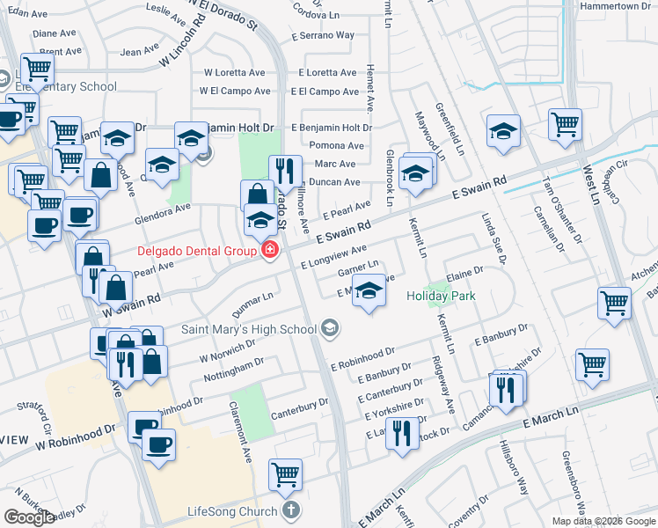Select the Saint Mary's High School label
pos(249,330)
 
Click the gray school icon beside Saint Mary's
pos(330,329)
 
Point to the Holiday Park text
pos(441,296)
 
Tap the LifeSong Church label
pos(233,511)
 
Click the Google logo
pos(29,517)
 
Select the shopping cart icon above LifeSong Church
pos(285,475)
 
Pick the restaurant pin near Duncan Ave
pos(285,171)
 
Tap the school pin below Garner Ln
pos(369,292)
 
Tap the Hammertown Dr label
pos(615,6)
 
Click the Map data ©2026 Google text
pos(603,521)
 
